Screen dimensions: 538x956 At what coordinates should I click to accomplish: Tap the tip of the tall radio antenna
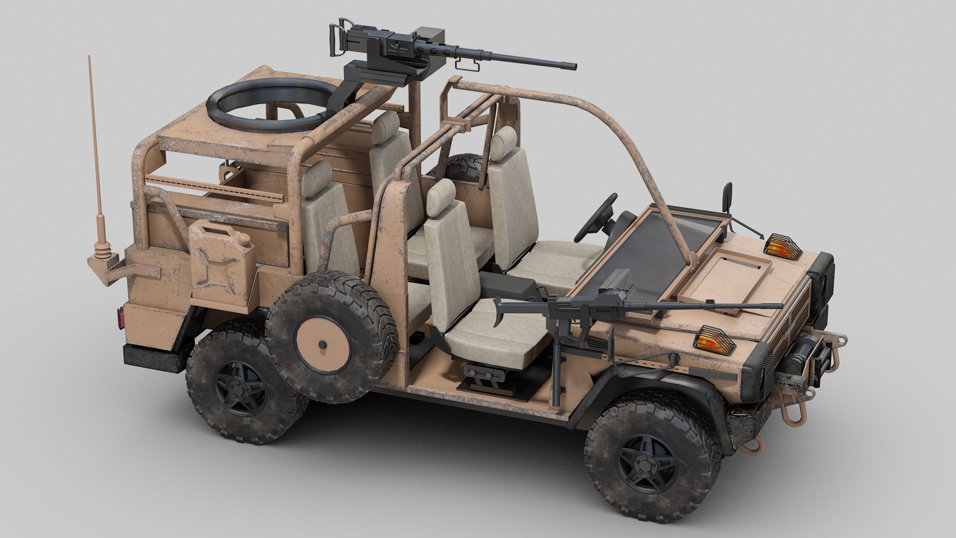click(90, 58)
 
